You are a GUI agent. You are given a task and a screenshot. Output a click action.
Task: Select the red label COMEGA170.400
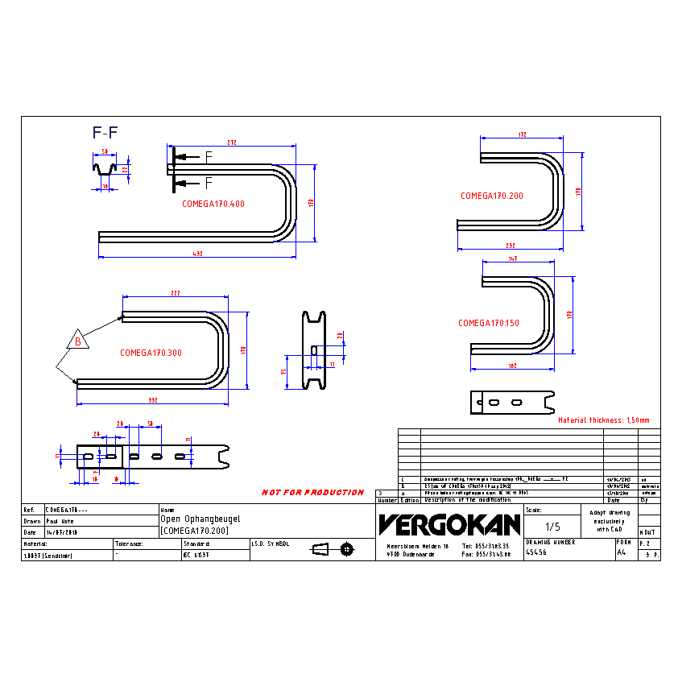coord(213,204)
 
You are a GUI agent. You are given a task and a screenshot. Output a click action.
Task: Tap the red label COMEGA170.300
coord(151,353)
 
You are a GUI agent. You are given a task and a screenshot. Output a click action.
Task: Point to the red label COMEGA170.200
coord(491,196)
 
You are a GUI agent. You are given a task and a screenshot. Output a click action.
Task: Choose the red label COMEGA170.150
coord(489,323)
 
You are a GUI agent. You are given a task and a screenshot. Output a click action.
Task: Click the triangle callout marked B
coord(78,341)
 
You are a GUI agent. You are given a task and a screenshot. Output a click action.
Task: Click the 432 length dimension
coord(197,254)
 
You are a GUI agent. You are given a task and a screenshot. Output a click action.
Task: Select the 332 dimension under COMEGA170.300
coord(152,400)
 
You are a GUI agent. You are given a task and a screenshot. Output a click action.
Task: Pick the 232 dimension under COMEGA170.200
coord(511,246)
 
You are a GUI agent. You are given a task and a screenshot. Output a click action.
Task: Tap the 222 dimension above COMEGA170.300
coord(176,293)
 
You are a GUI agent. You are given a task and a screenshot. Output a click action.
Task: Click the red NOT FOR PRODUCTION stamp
coord(312,492)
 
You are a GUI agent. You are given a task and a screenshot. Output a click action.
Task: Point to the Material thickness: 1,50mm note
coord(604,420)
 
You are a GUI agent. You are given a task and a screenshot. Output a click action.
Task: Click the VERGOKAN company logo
coord(449,525)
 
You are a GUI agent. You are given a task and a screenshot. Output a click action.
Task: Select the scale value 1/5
coord(553,527)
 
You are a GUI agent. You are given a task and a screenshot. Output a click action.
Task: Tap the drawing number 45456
coord(536,553)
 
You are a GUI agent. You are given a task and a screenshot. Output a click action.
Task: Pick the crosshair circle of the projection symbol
coord(347,549)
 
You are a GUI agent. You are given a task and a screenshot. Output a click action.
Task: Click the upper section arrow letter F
coord(209,155)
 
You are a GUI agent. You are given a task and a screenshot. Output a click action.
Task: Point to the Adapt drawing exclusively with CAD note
coord(610,521)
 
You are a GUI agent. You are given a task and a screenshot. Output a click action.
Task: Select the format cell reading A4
coord(621,553)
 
